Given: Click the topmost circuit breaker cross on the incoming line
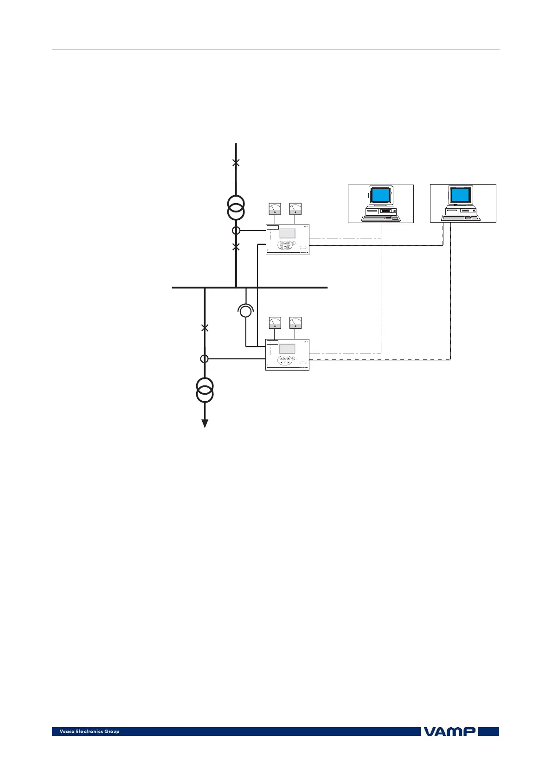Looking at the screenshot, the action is click(x=236, y=163).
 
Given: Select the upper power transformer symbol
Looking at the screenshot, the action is click(x=236, y=208).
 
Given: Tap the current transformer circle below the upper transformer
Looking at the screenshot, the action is click(x=236, y=230).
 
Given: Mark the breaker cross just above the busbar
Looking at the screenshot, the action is click(x=236, y=247).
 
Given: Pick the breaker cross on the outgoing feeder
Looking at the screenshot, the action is click(x=205, y=328).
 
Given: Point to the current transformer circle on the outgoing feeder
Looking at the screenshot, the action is click(x=204, y=358).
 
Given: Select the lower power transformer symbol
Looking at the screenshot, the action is click(x=205, y=390).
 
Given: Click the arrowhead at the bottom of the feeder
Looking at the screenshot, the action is click(x=205, y=423).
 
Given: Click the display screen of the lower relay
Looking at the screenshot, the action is click(x=287, y=349).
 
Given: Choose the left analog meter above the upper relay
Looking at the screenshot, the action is click(x=275, y=209).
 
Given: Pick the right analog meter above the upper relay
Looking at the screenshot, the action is click(x=295, y=209).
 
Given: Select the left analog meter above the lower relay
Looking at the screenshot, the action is click(x=275, y=322).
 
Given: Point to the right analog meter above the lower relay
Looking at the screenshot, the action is click(x=295, y=322).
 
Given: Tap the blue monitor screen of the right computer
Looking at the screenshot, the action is click(x=461, y=194).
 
